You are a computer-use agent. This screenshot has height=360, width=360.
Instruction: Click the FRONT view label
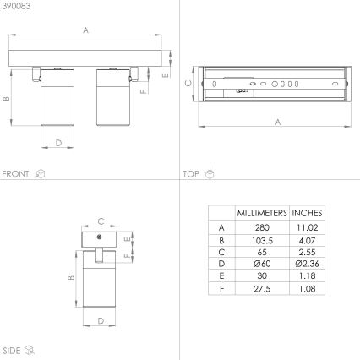[16, 173]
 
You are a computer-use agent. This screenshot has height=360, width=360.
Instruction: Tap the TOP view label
[192, 173]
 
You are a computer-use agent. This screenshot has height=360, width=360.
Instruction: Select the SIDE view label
[12, 348]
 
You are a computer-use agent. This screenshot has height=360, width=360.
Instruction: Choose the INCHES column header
[307, 213]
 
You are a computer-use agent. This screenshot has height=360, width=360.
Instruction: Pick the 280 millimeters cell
[262, 227]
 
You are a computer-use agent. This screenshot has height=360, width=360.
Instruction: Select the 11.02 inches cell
[307, 227]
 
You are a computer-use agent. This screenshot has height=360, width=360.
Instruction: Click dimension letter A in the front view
[86, 31]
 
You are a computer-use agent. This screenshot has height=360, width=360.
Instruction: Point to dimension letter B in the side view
[72, 277]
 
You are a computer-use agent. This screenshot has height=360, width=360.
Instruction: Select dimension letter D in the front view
[58, 143]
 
